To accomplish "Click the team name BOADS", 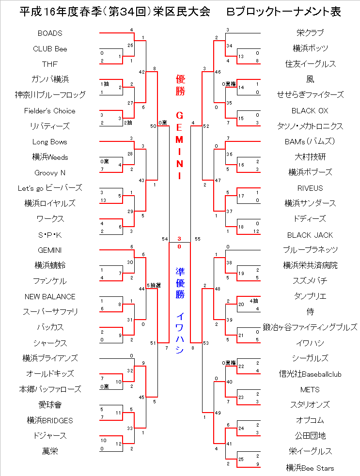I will click(50, 33).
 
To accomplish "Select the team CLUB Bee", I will click(50, 49).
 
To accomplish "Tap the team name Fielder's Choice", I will click(50, 111).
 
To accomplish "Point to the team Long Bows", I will click(50, 142).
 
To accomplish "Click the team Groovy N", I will click(50, 173).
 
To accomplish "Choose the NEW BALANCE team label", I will click(50, 296).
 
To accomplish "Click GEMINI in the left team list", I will click(50, 250).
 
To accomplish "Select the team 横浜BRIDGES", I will click(50, 420).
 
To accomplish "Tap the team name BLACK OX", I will click(310, 111).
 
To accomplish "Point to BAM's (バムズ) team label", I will click(310, 142).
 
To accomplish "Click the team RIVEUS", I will click(310, 188).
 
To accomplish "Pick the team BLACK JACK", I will click(310, 235).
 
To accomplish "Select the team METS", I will click(310, 389).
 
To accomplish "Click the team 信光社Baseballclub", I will click(310, 374).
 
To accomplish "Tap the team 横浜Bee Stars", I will click(310, 468).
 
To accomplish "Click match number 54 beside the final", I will click(165, 239).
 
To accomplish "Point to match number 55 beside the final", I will click(197, 239).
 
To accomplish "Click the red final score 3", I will click(179, 239).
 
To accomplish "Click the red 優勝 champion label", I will click(179, 85).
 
